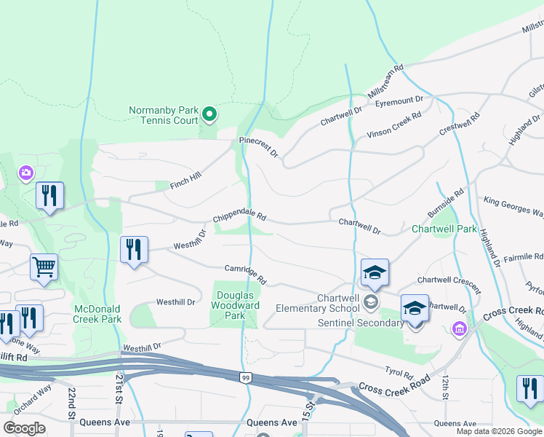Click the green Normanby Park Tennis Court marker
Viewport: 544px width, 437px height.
click(209, 114)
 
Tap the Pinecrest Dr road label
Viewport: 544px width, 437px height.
click(259, 147)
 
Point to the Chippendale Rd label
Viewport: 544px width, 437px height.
click(240, 218)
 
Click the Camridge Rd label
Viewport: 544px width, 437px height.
click(246, 275)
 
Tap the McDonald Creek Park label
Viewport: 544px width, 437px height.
click(97, 314)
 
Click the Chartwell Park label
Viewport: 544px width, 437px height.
click(444, 229)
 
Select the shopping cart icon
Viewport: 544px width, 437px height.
click(44, 267)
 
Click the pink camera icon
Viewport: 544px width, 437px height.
click(26, 173)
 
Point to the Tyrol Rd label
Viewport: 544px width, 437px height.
click(399, 372)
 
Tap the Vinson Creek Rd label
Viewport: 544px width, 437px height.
click(394, 125)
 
